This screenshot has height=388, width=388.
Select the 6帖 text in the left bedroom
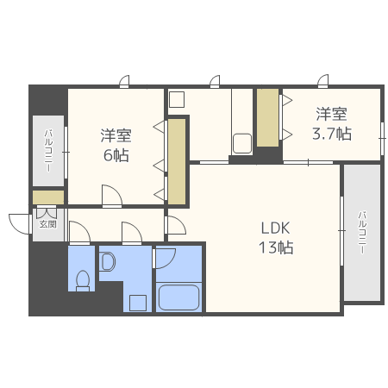click(x=115, y=156)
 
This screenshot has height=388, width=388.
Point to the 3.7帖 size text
click(x=330, y=134)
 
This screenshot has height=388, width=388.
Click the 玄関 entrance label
click(x=47, y=224)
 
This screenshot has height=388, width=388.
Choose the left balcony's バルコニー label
click(x=48, y=150)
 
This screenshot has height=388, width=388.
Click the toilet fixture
click(x=83, y=280)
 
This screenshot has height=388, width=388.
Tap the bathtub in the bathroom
click(x=179, y=298)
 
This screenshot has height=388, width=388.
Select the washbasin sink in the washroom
click(x=109, y=261)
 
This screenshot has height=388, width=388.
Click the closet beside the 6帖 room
click(x=177, y=161)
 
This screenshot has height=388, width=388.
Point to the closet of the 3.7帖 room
click(x=267, y=117)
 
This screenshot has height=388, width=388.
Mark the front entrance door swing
click(x=19, y=222)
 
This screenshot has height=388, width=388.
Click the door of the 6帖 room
click(x=111, y=196)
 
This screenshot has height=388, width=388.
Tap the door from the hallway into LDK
click(x=176, y=227)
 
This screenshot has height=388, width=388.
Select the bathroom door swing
click(x=166, y=256)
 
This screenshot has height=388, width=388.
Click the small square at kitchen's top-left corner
click(x=176, y=99)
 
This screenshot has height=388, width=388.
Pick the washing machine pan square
click(x=135, y=302)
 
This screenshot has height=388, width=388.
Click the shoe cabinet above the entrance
click(x=47, y=197)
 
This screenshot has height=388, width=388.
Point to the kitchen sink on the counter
click(x=242, y=141)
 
